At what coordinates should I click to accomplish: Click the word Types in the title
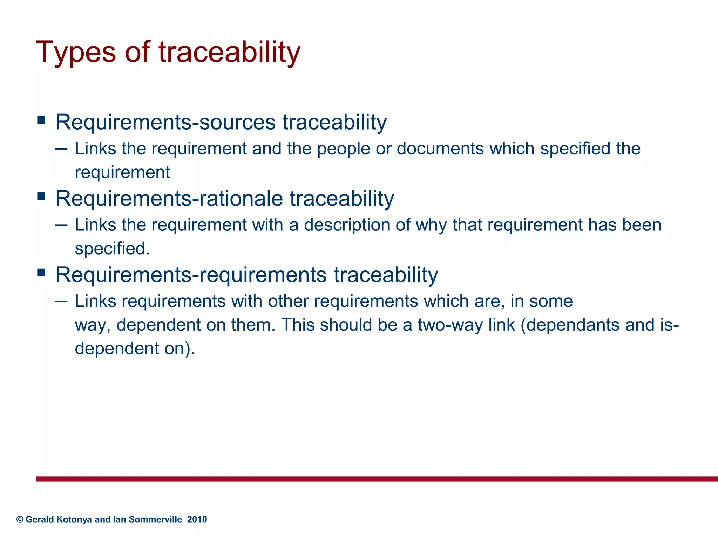pyautogui.click(x=76, y=53)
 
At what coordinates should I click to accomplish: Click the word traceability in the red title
pyautogui.click(x=230, y=53)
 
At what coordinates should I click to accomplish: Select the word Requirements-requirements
pyautogui.click(x=191, y=275)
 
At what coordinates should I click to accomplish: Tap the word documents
pyautogui.click(x=440, y=149)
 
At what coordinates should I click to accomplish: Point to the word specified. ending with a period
pyautogui.click(x=112, y=249)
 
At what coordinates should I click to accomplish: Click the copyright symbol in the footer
pyautogui.click(x=20, y=519)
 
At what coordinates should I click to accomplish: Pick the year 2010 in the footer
pyautogui.click(x=197, y=519)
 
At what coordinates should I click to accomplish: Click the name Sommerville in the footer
pyautogui.click(x=155, y=519)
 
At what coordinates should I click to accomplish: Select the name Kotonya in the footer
pyautogui.click(x=75, y=519)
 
